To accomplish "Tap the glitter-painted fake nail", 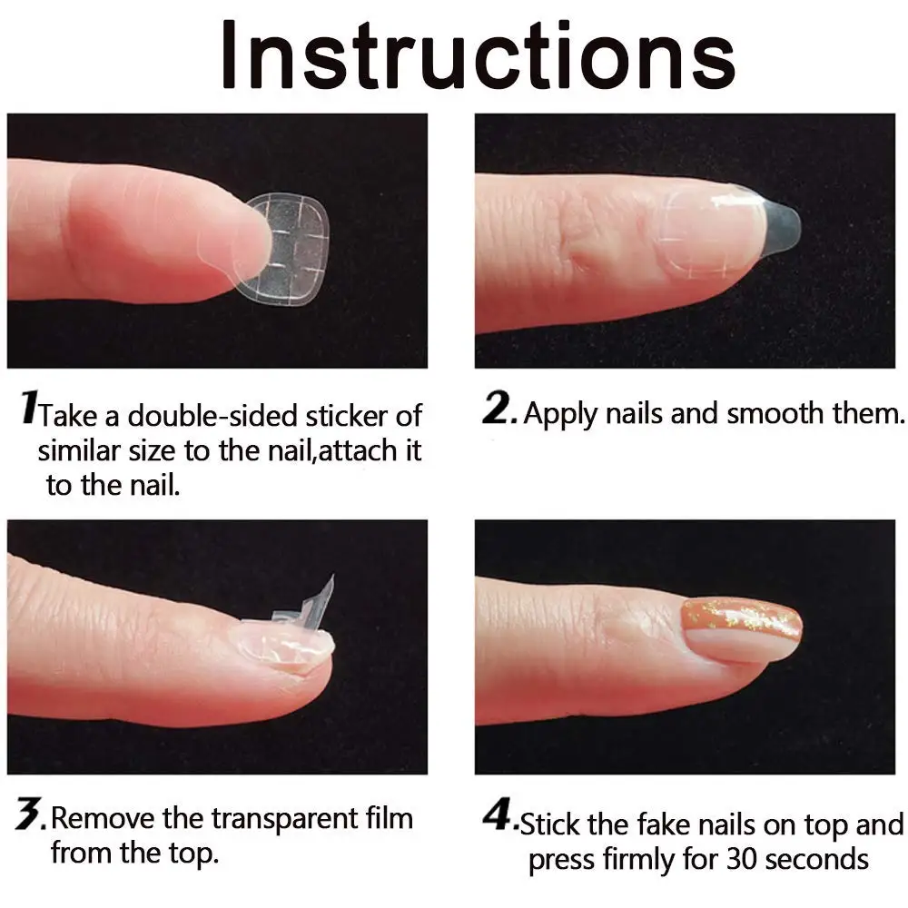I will pos(742,627).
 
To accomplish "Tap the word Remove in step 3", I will pos(103,818).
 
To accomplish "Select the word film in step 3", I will pos(390,818).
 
